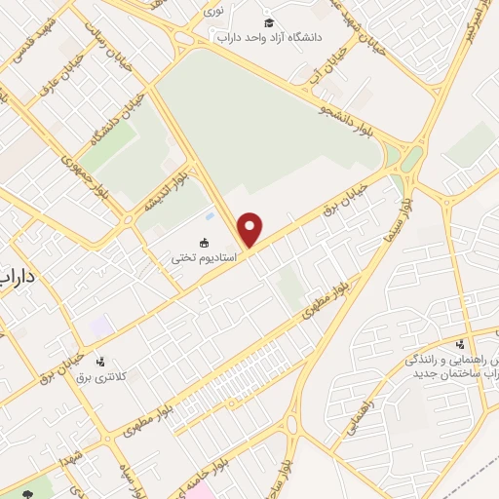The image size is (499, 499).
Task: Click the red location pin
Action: point(250,229)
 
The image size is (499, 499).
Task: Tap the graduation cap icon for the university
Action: point(270,22)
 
